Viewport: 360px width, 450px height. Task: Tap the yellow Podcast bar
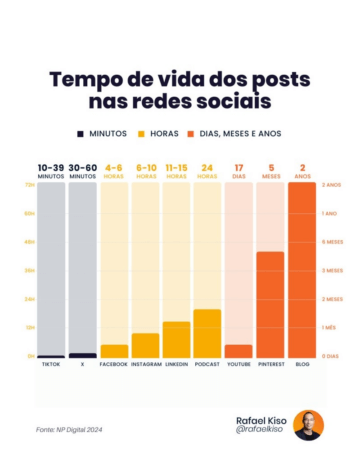tap(207, 333)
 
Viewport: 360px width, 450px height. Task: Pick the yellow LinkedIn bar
tap(176, 339)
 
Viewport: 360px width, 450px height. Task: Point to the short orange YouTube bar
tap(238, 350)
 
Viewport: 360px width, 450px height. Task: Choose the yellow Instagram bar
tap(145, 345)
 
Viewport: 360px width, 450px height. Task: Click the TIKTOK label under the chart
tap(51, 364)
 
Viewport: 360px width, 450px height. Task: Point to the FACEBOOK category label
tap(114, 364)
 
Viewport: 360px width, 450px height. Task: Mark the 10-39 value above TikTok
tap(51, 167)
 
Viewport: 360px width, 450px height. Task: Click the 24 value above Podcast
tap(207, 167)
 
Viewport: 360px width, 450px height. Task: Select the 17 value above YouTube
tap(238, 167)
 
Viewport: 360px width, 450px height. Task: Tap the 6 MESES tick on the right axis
tap(332, 242)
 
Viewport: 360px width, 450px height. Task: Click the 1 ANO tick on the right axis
tap(329, 213)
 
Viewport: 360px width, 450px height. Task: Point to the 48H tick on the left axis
tap(30, 242)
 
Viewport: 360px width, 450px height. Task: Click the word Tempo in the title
tap(84, 79)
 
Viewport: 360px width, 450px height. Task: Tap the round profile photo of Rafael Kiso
tap(308, 424)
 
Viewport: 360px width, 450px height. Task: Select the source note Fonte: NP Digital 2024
tap(70, 429)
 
